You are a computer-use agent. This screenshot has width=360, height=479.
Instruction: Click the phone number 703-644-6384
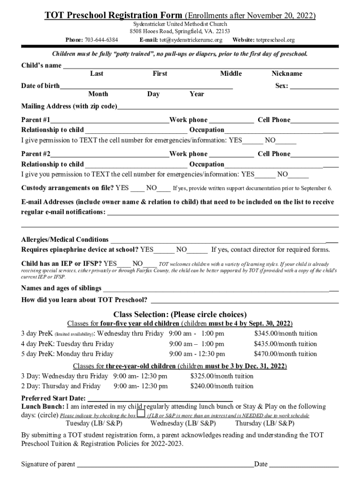[101, 40]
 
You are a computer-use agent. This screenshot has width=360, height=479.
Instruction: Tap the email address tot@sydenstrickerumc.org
[188, 40]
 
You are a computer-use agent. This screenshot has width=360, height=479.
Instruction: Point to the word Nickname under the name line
[287, 73]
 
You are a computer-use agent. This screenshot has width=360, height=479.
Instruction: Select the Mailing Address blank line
[228, 107]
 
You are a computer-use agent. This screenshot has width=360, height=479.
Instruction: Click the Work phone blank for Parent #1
[231, 121]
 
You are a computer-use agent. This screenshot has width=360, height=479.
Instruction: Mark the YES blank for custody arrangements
[137, 189]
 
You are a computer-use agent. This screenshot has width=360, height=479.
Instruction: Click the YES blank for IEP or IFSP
[124, 264]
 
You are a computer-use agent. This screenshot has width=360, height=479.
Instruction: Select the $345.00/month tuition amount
[285, 334]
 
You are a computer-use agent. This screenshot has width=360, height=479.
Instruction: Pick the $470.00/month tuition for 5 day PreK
[285, 354]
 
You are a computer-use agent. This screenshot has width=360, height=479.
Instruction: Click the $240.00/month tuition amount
[222, 386]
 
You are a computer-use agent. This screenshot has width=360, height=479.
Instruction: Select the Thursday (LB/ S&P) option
[265, 423]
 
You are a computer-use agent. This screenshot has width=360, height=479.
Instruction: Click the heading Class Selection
[180, 314]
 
